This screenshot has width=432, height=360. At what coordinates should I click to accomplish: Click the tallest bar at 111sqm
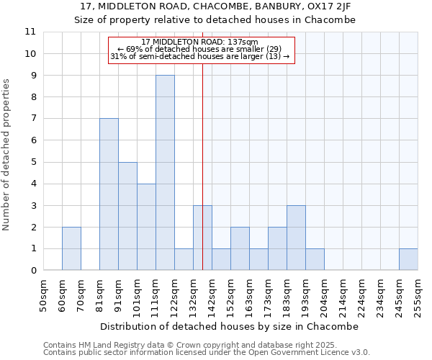pyautogui.click(x=165, y=173)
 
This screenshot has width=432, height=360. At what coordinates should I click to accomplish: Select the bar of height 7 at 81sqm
pyautogui.click(x=109, y=194)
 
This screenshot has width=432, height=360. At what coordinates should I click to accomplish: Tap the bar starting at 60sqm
pyautogui.click(x=71, y=248)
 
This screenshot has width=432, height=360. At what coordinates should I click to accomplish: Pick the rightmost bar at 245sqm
pyautogui.click(x=408, y=259)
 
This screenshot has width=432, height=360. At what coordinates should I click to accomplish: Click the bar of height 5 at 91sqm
pyautogui.click(x=127, y=216)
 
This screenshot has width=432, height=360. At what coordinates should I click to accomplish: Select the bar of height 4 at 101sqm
pyautogui.click(x=146, y=227)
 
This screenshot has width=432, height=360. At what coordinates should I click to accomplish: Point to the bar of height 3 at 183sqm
pyautogui.click(x=296, y=238)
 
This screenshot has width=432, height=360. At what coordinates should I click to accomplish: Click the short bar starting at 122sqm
pyautogui.click(x=184, y=259)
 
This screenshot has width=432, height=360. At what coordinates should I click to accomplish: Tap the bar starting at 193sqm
pyautogui.click(x=315, y=259)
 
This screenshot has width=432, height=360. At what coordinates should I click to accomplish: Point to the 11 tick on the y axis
pyautogui.click(x=30, y=32)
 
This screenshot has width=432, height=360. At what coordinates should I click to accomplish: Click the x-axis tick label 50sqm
pyautogui.click(x=44, y=296)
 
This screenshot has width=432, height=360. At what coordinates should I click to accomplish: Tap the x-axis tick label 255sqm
pyautogui.click(x=418, y=296)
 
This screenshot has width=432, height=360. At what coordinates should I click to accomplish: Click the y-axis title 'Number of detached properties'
pyautogui.click(x=7, y=155)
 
